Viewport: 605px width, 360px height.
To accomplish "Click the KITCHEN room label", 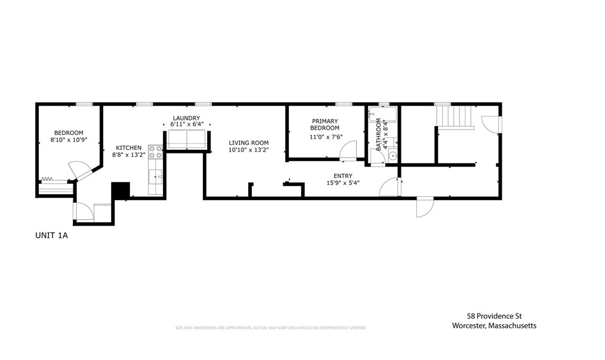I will [128, 147].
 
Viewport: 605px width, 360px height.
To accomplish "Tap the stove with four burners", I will [156, 152].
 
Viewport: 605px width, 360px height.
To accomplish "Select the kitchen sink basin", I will [156, 176].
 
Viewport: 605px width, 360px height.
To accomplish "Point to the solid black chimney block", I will [121, 191].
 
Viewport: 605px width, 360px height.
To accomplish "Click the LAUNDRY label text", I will [186, 118].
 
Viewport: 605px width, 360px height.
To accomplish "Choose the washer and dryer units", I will [187, 139].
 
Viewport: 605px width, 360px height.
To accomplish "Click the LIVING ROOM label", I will [249, 143].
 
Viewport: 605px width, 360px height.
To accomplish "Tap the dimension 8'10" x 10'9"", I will [69, 140].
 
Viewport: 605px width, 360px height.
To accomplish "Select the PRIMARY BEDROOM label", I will [325, 125].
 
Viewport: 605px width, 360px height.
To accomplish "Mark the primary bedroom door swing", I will [348, 150].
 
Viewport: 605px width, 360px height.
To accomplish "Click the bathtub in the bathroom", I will [382, 115].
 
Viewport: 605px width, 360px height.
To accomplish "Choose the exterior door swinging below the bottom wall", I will [424, 208].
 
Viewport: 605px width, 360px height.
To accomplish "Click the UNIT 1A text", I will [52, 236].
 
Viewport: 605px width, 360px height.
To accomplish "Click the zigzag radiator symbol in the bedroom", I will [48, 179].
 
